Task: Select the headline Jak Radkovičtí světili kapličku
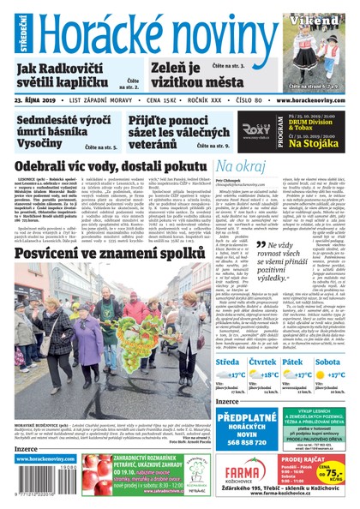71,75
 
